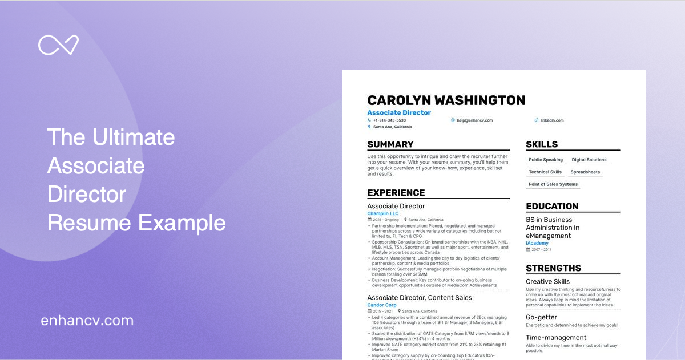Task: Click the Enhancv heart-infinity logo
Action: (x=58, y=46)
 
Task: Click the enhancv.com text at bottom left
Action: (x=87, y=321)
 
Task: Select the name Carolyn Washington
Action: (x=446, y=100)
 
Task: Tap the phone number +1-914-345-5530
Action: (x=389, y=120)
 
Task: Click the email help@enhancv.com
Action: (x=474, y=120)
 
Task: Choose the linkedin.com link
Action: (x=551, y=120)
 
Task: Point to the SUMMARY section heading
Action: (x=390, y=144)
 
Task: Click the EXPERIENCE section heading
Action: (x=396, y=193)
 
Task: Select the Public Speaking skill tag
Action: (x=546, y=160)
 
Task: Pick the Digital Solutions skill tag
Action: (x=589, y=160)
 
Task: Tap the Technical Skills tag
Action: (x=545, y=172)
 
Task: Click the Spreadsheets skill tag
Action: (x=585, y=172)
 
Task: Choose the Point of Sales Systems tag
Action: (x=553, y=184)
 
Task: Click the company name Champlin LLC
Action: (x=383, y=213)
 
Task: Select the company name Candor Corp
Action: (x=382, y=305)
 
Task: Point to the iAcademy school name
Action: (x=537, y=243)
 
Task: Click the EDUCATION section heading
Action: (x=552, y=207)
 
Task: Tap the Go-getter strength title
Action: (x=541, y=317)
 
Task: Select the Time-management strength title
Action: (x=556, y=338)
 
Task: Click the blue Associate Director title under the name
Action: (x=399, y=113)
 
